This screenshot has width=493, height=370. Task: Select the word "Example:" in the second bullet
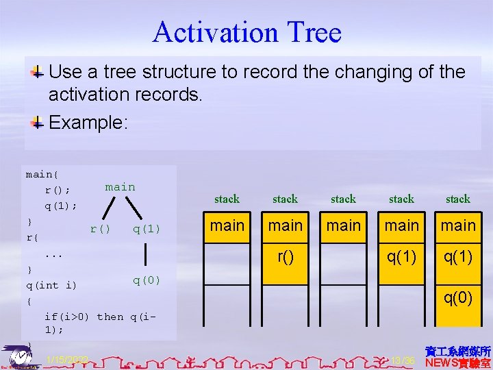(88, 123)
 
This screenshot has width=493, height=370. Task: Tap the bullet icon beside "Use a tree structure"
(38, 72)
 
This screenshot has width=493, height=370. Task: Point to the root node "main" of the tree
(120, 187)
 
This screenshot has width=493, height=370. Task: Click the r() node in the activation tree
(100, 229)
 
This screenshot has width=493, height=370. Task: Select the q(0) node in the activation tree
(147, 280)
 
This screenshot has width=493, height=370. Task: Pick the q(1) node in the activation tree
(147, 229)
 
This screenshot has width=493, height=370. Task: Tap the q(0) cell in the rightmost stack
(458, 297)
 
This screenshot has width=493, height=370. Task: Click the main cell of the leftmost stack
(227, 225)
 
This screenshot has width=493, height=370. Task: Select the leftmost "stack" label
(227, 199)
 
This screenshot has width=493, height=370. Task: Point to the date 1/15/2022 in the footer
(66, 360)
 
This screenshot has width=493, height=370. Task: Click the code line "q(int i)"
(51, 285)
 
